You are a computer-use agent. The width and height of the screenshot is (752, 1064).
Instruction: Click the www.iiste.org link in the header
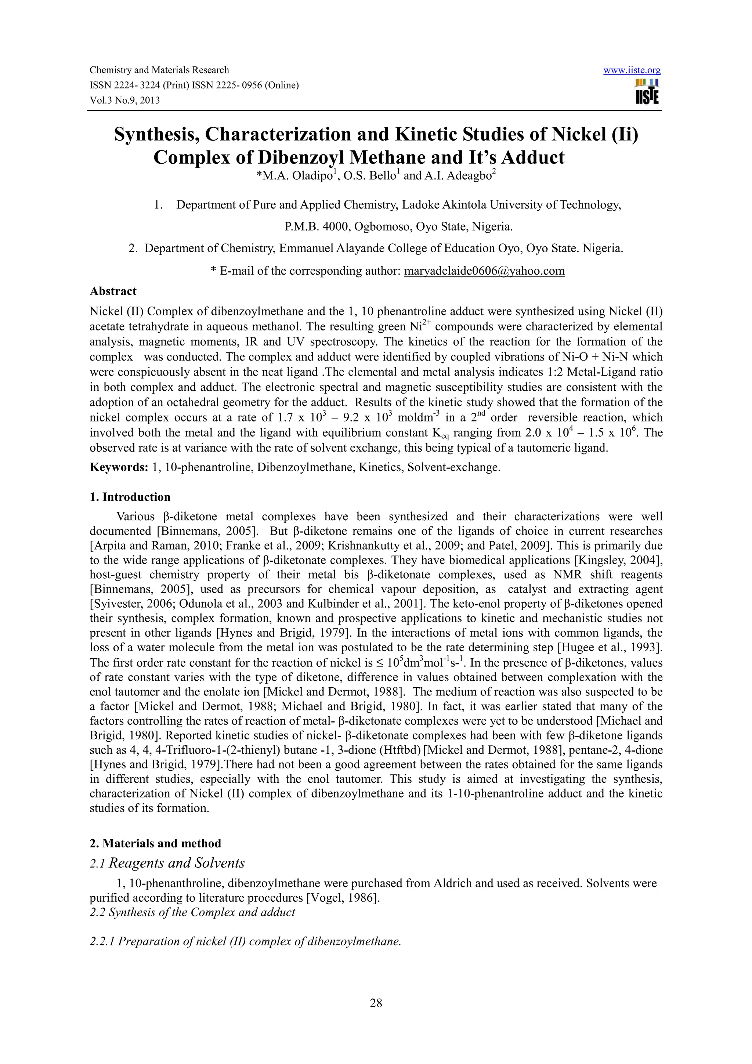[x=632, y=70]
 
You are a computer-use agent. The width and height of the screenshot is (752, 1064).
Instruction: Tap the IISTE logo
[x=647, y=92]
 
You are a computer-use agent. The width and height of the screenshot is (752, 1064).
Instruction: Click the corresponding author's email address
[x=484, y=271]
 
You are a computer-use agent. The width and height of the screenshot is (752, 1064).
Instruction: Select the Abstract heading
[x=113, y=291]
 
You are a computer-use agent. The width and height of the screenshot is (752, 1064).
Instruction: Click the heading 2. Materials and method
[x=155, y=843]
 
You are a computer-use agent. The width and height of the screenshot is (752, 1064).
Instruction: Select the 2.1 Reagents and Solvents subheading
[x=167, y=863]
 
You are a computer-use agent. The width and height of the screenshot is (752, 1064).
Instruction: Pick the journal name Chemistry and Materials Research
[x=159, y=70]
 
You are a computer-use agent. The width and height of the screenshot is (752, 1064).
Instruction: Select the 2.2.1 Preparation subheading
[x=245, y=942]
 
